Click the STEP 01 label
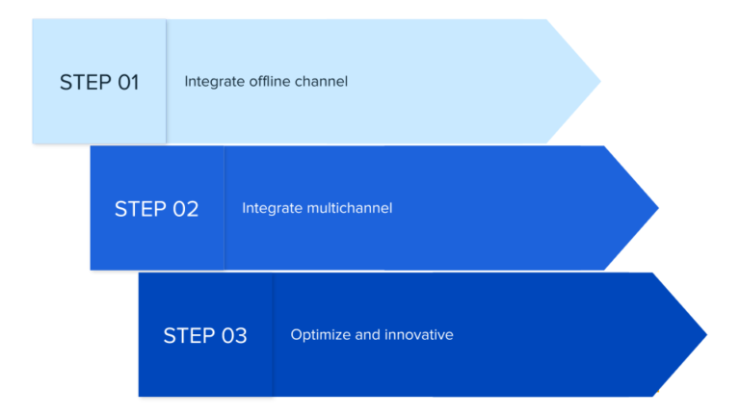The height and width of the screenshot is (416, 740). [99, 82]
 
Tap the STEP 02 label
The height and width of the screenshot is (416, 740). [156, 209]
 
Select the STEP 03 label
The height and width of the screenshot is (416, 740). [205, 335]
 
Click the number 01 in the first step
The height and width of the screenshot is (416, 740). [128, 82]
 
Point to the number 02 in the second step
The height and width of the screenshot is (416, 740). [185, 209]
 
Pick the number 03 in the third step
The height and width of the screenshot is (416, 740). [234, 335]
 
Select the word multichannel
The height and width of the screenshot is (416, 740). [350, 208]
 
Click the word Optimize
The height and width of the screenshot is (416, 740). [320, 335]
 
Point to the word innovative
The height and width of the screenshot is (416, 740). [418, 335]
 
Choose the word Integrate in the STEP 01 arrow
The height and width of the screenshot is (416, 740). [213, 82]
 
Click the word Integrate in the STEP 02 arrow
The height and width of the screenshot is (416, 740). [271, 208]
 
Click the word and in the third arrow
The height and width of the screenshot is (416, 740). [367, 335]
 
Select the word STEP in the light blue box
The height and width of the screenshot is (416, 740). [85, 82]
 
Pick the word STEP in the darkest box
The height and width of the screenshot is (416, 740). [190, 335]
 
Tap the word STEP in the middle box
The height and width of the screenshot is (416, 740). [141, 209]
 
